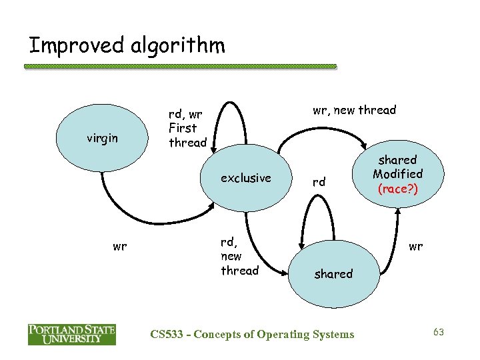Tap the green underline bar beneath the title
(180, 67)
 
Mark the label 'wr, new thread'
(354, 110)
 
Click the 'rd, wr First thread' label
(187, 129)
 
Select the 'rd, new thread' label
(239, 257)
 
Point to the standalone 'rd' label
(319, 182)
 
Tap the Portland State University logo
(71, 334)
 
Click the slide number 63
(438, 331)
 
